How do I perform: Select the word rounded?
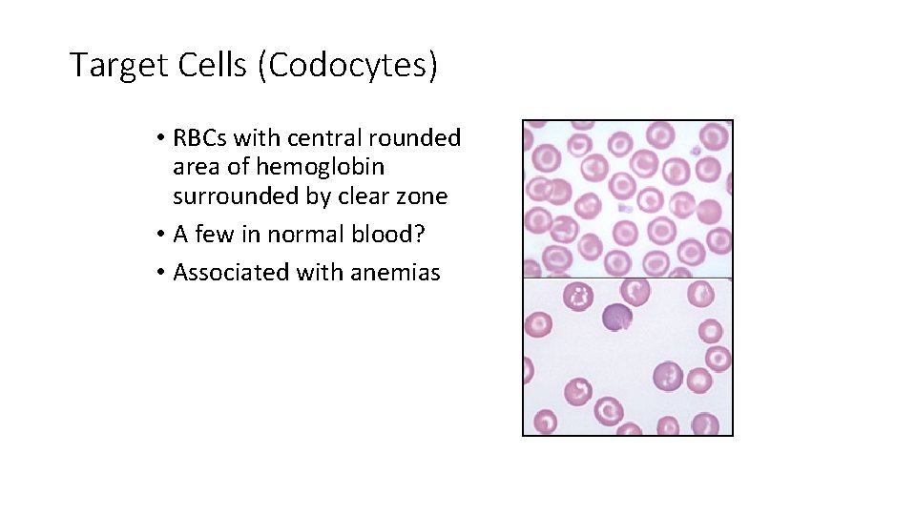click(x=417, y=138)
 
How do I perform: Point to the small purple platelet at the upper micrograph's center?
click(x=625, y=207)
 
